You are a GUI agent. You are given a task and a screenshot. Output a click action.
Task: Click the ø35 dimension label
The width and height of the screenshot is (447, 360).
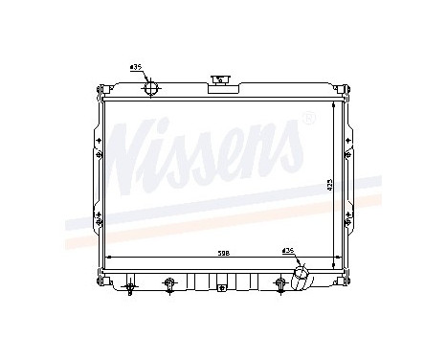click(135, 68)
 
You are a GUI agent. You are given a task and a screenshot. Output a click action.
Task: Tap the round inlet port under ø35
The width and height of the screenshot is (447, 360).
click(152, 88)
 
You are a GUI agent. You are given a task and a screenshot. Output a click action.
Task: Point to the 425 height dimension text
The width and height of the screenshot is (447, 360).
click(330, 181)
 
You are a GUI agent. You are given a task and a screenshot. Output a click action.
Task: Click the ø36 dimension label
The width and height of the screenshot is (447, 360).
click(287, 251)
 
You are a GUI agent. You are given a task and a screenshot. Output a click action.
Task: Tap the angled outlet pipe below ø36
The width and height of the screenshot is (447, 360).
click(302, 277)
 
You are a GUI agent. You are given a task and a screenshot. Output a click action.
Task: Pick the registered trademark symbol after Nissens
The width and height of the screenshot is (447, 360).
click(307, 118)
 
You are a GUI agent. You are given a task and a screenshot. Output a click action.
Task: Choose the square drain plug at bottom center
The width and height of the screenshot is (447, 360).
click(221, 284)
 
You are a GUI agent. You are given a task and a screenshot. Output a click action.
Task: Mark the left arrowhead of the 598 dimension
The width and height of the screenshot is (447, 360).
click(107, 259)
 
